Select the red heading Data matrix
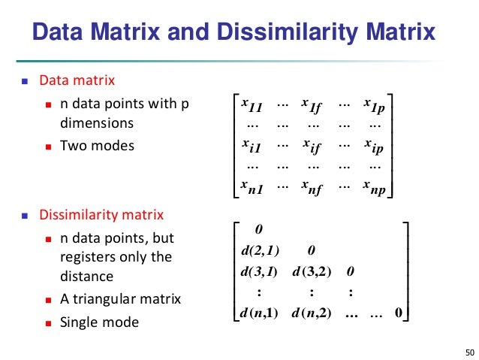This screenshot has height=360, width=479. pyautogui.click(x=77, y=80)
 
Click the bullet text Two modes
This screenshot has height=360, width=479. pyautogui.click(x=97, y=145)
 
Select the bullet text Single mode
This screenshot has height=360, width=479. pyautogui.click(x=99, y=322)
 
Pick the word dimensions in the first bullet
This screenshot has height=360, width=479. pyautogui.click(x=97, y=123)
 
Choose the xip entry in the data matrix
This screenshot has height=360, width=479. pyautogui.click(x=373, y=144)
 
